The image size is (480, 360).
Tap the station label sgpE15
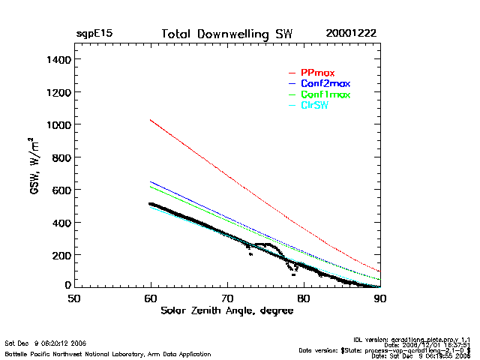94,34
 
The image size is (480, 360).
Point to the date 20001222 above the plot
351,34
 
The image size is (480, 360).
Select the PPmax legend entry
317,73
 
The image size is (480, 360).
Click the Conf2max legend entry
325,83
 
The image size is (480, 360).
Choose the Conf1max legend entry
325,94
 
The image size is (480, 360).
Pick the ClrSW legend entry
314,106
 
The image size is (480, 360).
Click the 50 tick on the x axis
73,298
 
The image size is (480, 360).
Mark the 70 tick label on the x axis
226,298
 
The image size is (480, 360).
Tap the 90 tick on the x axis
379,298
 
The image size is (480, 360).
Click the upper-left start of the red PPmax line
151,120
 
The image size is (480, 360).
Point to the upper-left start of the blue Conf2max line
151,181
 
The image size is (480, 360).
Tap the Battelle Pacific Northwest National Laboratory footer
107,353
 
